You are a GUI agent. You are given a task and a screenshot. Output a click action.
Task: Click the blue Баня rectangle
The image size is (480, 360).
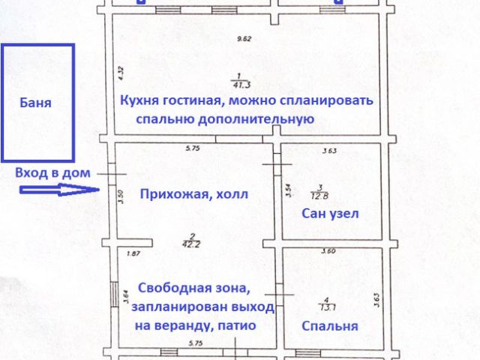[x=37, y=103]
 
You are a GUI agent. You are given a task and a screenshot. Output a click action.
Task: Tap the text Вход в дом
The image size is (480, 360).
[x=52, y=172]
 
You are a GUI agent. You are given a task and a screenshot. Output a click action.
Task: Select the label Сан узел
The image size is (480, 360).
[x=330, y=214]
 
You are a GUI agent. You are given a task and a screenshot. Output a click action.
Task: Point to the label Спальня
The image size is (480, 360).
[x=329, y=326]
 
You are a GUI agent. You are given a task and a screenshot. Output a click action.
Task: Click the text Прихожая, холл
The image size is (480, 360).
[x=193, y=194]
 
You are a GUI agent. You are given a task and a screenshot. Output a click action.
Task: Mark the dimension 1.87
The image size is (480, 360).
[x=133, y=253]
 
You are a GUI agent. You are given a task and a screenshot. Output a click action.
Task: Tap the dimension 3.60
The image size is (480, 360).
[x=328, y=251]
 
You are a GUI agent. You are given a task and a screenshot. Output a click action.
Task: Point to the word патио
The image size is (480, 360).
[x=236, y=325]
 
